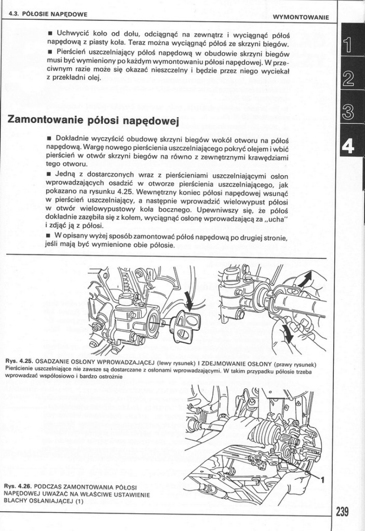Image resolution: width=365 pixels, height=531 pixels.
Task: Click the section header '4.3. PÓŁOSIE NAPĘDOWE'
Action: point(48,14)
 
